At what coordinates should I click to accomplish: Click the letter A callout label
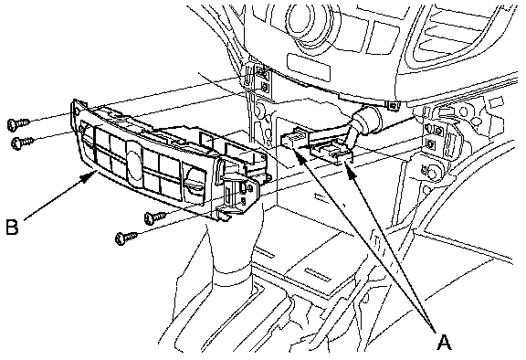(444, 343)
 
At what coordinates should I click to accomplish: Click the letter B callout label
(13, 227)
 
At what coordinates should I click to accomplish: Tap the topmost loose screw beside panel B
(18, 123)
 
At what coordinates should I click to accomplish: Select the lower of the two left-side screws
(22, 143)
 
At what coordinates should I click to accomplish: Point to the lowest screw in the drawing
(126, 238)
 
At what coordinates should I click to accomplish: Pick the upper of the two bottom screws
(155, 217)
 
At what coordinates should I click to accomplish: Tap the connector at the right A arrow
(332, 153)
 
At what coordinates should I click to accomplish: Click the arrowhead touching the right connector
(351, 173)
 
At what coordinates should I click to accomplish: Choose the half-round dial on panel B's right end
(196, 182)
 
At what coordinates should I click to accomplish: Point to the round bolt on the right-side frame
(432, 173)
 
